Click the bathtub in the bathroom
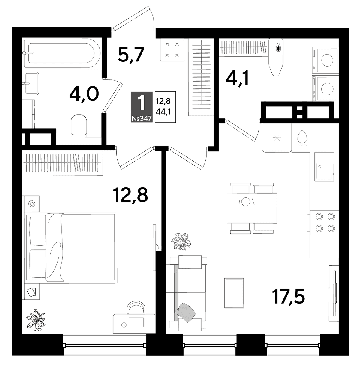tap(61, 53)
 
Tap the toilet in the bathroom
tap(79, 125)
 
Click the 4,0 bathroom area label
tap(84, 93)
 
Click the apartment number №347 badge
tap(142, 119)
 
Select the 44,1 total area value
tap(163, 112)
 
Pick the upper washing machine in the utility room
tap(325, 60)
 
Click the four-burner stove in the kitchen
tap(324, 223)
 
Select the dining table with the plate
tap(252, 208)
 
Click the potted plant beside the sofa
tap(181, 242)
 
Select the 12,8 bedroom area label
tap(130, 195)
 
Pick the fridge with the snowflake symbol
tap(277, 137)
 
